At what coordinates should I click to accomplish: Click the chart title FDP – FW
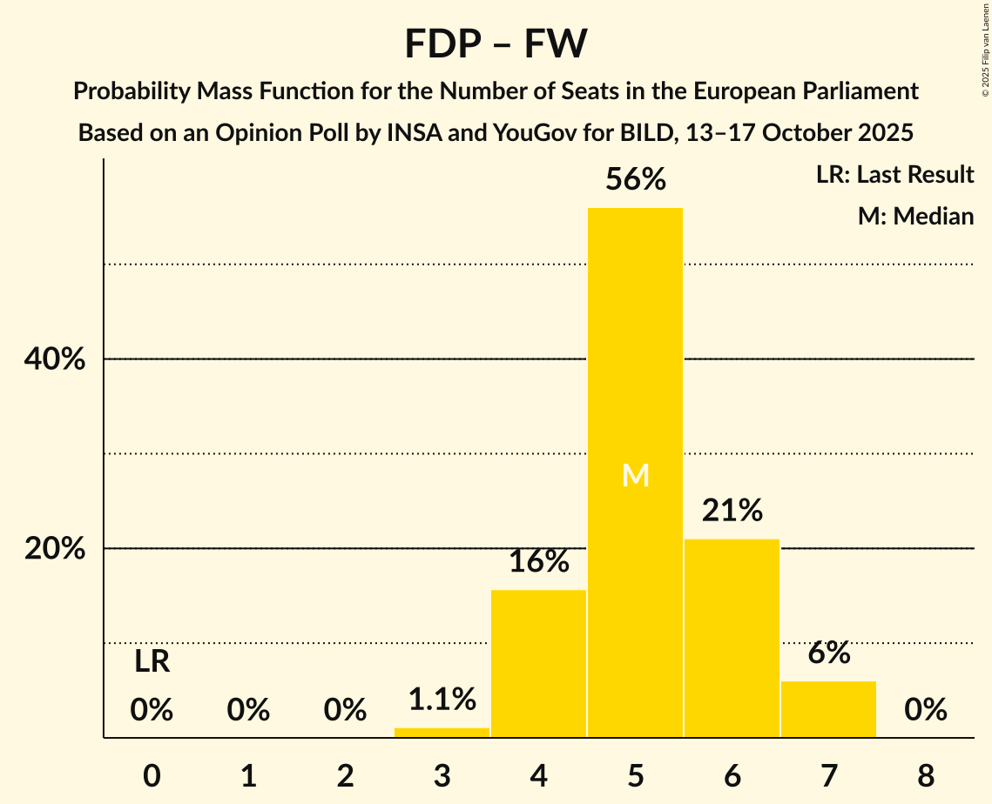496,44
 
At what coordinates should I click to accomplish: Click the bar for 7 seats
828,708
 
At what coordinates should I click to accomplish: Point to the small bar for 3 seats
442,733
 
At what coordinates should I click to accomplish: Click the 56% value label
635,179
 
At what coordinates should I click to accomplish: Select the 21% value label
732,510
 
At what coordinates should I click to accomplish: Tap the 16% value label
538,561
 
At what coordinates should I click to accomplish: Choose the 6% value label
828,653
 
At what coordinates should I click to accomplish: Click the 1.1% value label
442,699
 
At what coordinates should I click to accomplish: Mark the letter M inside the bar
635,475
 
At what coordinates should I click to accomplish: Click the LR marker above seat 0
152,662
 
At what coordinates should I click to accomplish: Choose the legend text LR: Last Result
894,175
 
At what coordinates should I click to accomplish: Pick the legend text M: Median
915,216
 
